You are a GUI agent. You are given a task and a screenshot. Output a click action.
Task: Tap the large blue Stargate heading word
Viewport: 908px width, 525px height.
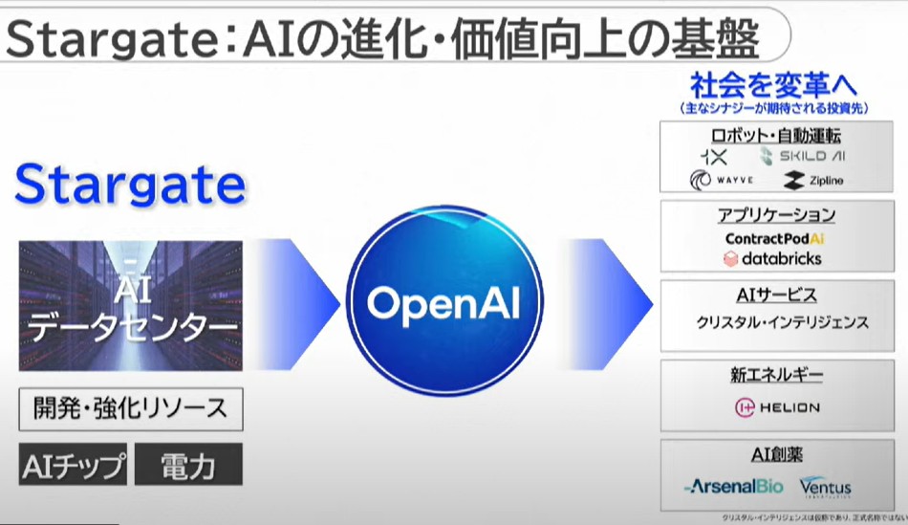130,185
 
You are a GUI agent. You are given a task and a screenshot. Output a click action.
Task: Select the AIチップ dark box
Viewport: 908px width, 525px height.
73,466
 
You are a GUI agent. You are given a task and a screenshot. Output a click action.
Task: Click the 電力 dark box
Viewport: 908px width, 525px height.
188,466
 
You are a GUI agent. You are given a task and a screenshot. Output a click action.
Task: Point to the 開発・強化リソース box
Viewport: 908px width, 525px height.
130,409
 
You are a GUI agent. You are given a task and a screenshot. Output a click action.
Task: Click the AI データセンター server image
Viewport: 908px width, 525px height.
131,306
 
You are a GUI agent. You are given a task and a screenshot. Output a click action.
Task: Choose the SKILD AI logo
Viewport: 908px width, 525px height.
803,156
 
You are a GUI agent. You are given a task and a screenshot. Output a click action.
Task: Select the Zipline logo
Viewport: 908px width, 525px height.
813,180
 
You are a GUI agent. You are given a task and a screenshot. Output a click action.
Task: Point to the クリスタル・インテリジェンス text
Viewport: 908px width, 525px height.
783,323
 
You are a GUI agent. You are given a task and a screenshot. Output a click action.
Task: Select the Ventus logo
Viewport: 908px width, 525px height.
825,487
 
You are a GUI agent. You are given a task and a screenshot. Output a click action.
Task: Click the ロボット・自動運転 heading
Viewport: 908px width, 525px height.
776,135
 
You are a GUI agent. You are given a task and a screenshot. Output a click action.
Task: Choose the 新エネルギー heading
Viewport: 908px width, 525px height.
776,375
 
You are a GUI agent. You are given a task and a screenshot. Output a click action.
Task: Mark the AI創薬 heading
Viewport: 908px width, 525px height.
776,454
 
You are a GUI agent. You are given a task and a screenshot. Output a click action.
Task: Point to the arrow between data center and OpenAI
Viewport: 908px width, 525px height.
304,304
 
